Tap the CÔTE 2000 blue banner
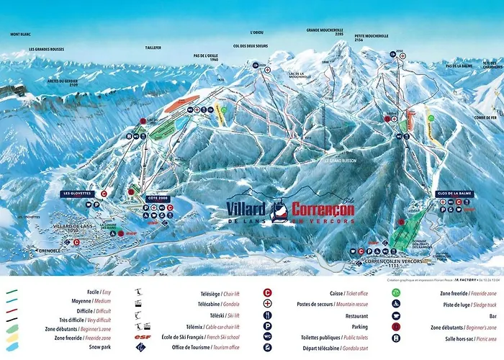[157, 197]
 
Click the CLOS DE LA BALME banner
[455, 194]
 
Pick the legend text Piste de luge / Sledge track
[449, 305]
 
